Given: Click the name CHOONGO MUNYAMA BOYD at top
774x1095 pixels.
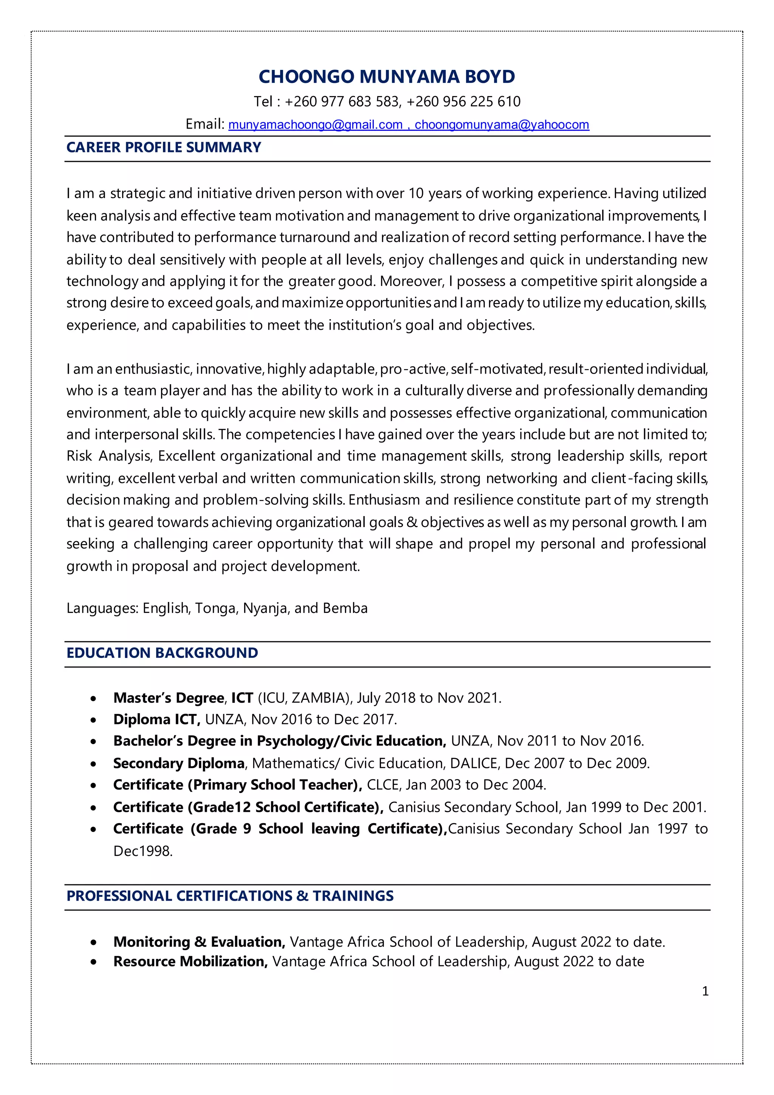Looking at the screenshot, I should tap(387, 77).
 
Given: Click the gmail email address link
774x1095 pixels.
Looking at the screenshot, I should tap(316, 125).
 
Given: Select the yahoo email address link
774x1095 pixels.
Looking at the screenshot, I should tap(502, 125).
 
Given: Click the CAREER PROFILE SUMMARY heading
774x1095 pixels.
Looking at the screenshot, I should tap(164, 147).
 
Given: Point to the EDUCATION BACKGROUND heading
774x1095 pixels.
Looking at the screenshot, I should tap(162, 653).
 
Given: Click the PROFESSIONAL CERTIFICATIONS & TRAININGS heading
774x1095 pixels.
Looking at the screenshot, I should tap(230, 896).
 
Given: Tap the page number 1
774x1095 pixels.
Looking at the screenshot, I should tap(705, 991).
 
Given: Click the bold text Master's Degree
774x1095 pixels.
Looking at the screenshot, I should tap(168, 698).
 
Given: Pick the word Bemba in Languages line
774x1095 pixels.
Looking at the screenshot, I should tap(345, 608).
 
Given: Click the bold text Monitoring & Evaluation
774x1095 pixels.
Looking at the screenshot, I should tap(199, 942).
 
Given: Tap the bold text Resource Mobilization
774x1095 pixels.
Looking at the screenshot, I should tap(190, 962).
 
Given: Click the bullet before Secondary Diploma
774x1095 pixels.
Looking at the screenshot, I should tap(93, 764).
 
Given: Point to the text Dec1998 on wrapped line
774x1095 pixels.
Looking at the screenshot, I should tap(142, 851).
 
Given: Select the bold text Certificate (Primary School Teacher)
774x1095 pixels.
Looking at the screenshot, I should tap(237, 785).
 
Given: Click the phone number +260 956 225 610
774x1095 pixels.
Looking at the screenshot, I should tap(463, 102).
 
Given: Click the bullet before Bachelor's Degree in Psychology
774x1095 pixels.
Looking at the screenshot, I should tap(93, 741).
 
